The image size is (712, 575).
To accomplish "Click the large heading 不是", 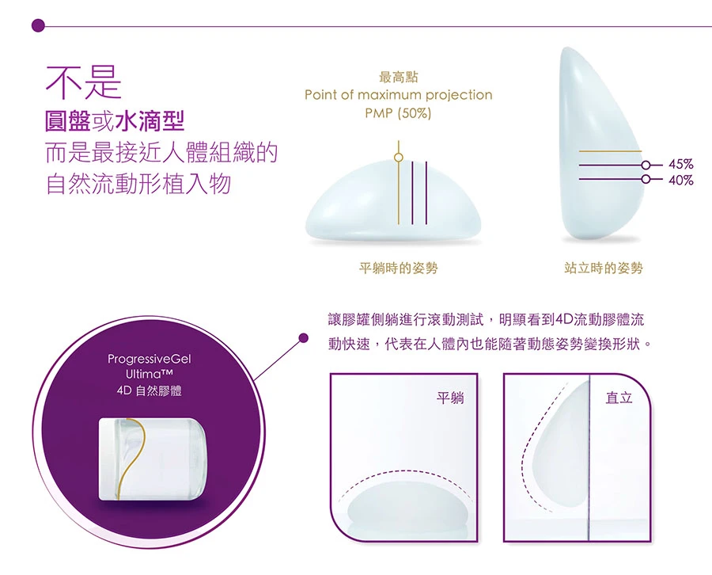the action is coord(84,82).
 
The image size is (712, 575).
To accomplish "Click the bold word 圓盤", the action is coord(68,121).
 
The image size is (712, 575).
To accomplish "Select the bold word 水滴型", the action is coord(150,121).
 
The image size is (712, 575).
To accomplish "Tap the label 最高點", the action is coord(398,78).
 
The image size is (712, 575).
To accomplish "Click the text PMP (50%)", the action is coord(398,112).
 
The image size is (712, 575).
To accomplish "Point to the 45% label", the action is coord(680,164).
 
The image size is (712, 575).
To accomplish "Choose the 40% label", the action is coord(680,181).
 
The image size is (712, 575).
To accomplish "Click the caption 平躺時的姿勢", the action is coord(398,268).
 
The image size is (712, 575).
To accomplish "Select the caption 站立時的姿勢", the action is coord(604,268).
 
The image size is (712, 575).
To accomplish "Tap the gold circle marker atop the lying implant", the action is coord(398,158).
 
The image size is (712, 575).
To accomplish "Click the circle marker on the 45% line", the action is coord(646,165).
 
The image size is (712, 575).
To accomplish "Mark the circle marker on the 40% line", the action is coord(646,179).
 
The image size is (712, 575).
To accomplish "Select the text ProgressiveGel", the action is coord(150,360).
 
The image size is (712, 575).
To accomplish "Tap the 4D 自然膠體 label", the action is coord(149,391).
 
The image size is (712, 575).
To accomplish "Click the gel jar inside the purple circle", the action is coord(153,459).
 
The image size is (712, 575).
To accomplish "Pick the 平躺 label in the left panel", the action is coord(450,398).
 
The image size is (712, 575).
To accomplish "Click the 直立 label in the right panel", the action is coord(619,398).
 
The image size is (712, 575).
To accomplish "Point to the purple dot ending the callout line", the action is coord(303,337).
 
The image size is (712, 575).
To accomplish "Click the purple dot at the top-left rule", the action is coord(39,25).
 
